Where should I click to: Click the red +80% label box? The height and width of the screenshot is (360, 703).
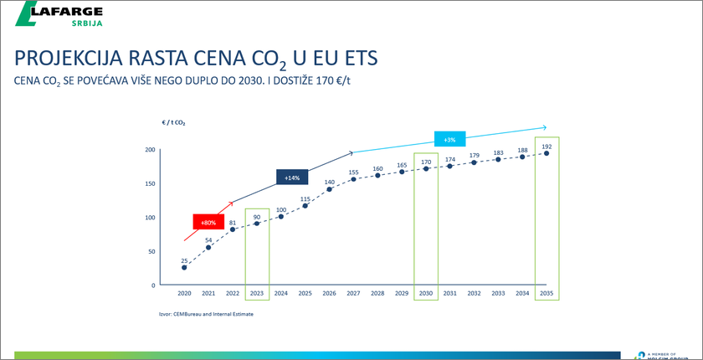(x=208, y=223)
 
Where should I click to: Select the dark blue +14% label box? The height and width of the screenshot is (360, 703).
(x=292, y=177)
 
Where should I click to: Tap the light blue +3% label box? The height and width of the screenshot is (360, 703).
(x=450, y=139)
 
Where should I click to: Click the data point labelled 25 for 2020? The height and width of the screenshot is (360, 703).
(x=184, y=267)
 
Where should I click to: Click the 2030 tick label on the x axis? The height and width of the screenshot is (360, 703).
(x=426, y=293)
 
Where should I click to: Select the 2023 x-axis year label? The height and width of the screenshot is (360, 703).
(x=257, y=293)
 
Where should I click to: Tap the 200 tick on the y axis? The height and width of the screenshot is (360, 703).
(x=150, y=150)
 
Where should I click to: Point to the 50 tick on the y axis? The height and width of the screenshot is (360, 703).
(x=151, y=251)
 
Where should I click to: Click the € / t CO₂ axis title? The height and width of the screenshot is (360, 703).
(x=174, y=122)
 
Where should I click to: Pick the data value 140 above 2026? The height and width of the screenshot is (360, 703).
(x=330, y=181)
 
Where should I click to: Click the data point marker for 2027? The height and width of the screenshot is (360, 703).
(x=354, y=179)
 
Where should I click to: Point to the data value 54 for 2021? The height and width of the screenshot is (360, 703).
(x=208, y=239)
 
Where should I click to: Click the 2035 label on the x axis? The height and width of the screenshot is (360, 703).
(x=546, y=293)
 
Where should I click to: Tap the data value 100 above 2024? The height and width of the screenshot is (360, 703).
(x=281, y=209)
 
